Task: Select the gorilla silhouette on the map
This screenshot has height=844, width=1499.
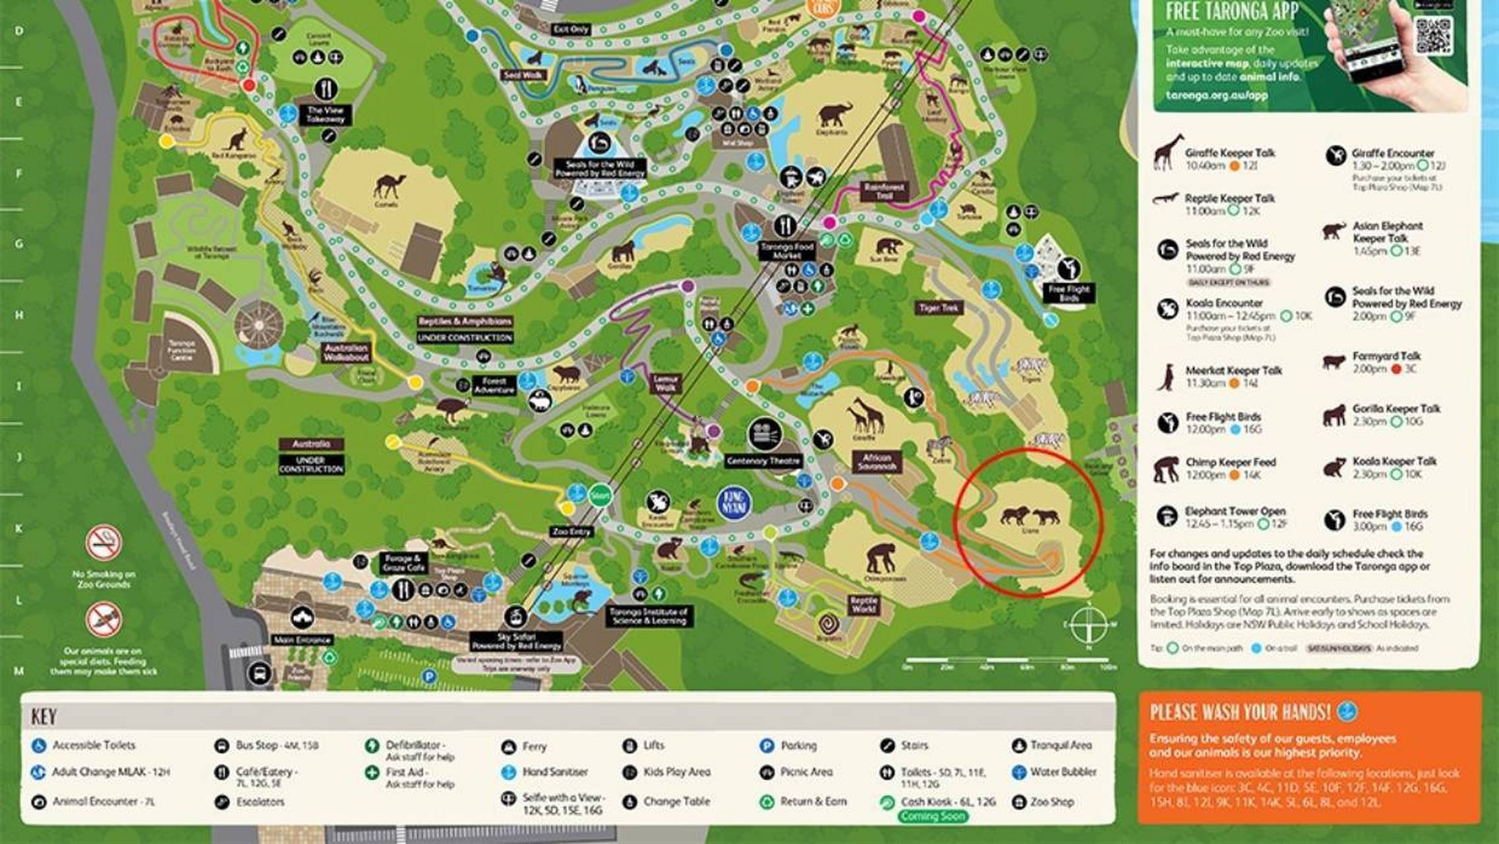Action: pyautogui.click(x=622, y=251)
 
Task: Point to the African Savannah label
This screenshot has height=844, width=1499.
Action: pyautogui.click(x=877, y=462)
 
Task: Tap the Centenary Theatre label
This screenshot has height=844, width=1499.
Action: pyautogui.click(x=763, y=461)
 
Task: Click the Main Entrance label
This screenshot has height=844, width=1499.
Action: pyautogui.click(x=302, y=640)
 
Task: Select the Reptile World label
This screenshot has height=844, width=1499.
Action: pyautogui.click(x=864, y=604)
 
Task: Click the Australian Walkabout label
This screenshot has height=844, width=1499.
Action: pyautogui.click(x=346, y=352)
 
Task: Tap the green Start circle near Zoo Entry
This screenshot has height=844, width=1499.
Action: pyautogui.click(x=600, y=495)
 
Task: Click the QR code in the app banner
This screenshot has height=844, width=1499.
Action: pyautogui.click(x=1433, y=35)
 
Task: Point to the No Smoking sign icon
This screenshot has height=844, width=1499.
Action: pyautogui.click(x=103, y=543)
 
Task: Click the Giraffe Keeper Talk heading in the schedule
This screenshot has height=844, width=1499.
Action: pyautogui.click(x=1229, y=153)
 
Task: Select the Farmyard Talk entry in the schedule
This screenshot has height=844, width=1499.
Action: pyautogui.click(x=1386, y=356)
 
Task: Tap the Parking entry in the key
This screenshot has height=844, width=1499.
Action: pyautogui.click(x=798, y=746)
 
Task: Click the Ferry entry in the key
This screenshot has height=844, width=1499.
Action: pyautogui.click(x=533, y=746)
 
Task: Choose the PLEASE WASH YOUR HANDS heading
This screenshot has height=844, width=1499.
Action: pyautogui.click(x=1240, y=713)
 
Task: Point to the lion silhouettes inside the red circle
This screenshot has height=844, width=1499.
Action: pyautogui.click(x=1029, y=516)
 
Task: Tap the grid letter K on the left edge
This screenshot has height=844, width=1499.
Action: pyautogui.click(x=18, y=529)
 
